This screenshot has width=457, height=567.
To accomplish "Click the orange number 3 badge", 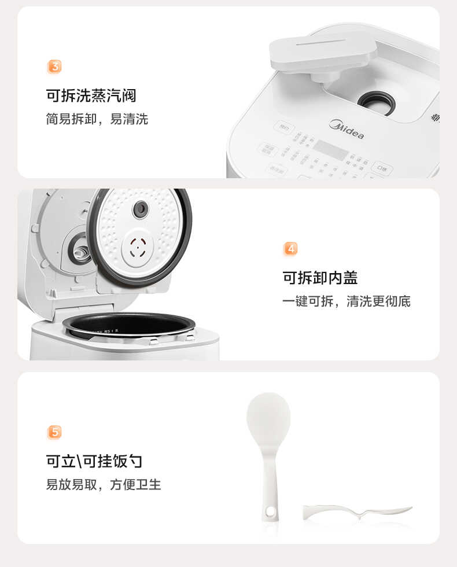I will [x=54, y=67].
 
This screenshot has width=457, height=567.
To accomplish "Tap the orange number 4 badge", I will [x=291, y=249].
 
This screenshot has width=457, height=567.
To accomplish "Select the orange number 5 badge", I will [x=54, y=432].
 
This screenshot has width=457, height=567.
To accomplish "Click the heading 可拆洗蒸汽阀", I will [x=91, y=95].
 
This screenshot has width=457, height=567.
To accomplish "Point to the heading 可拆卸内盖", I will [x=320, y=278].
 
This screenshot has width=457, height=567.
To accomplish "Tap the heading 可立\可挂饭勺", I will [x=94, y=461].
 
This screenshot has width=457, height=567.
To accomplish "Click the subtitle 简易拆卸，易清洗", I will [x=97, y=119].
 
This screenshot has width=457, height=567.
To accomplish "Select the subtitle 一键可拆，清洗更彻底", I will [x=347, y=301].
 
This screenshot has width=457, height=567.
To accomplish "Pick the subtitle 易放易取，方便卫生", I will [x=104, y=485].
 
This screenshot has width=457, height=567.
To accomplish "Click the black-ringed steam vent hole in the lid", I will [x=376, y=103].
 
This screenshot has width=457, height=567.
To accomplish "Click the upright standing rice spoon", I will [x=269, y=451].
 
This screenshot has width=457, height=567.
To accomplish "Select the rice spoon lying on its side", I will [x=358, y=511].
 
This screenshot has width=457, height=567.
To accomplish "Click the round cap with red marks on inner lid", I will [x=137, y=249].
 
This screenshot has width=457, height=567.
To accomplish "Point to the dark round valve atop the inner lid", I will [x=141, y=209].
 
